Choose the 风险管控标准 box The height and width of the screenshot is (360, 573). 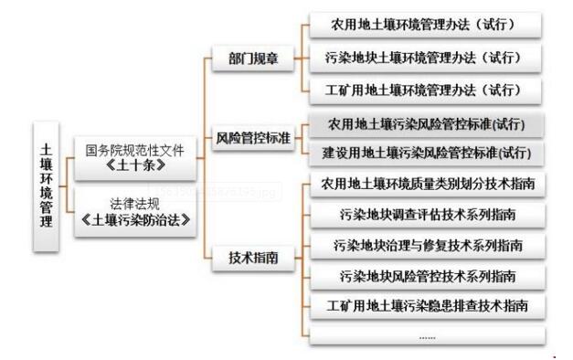(253, 139)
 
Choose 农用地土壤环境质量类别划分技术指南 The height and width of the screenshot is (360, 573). (426, 185)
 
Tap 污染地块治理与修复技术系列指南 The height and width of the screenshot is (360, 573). (426, 245)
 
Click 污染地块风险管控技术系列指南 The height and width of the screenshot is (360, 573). (426, 275)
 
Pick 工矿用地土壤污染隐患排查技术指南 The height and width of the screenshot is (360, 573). (426, 305)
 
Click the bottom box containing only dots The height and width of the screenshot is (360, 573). (426, 335)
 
